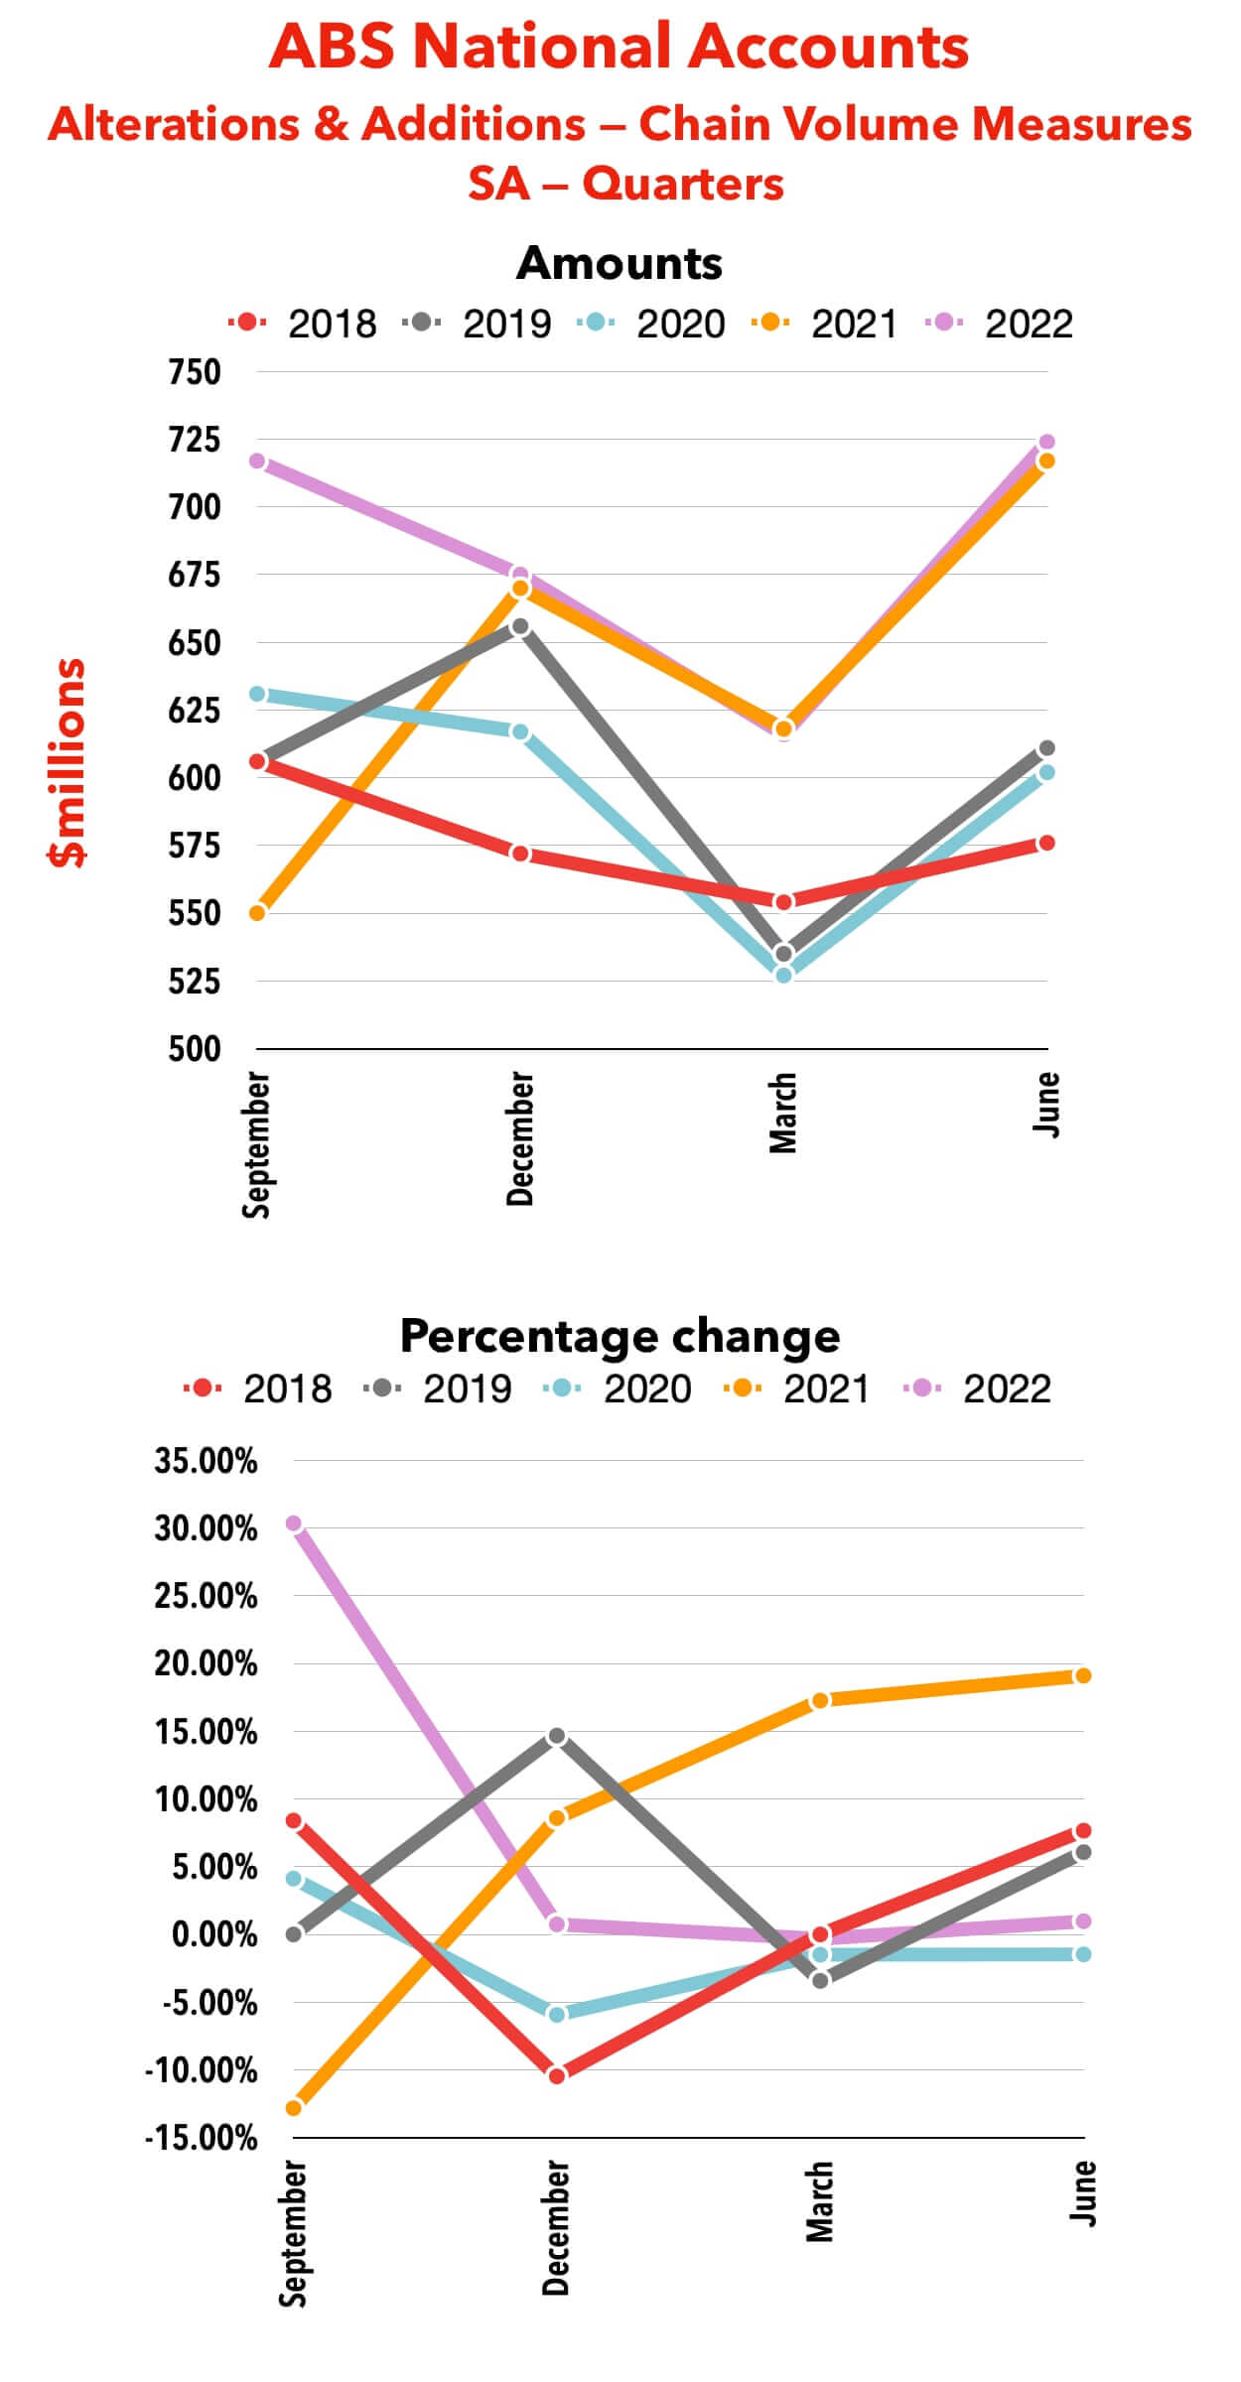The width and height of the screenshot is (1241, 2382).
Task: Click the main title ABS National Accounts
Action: click(x=619, y=47)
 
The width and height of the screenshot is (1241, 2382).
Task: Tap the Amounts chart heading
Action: click(x=619, y=263)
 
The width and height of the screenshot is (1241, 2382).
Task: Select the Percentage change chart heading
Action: click(x=620, y=1336)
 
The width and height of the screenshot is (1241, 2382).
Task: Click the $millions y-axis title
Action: click(x=68, y=762)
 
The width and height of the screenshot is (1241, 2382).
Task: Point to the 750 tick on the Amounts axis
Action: click(x=195, y=372)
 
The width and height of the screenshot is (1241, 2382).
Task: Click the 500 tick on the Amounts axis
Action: click(x=195, y=1049)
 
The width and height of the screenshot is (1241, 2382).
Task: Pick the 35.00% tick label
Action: click(x=206, y=1461)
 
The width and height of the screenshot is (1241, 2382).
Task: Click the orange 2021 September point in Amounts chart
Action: click(x=257, y=912)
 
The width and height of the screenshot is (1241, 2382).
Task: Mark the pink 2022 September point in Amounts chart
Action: click(x=257, y=462)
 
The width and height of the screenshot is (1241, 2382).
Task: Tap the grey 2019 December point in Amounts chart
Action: click(x=520, y=626)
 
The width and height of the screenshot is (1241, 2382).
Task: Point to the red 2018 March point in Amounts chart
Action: click(x=783, y=902)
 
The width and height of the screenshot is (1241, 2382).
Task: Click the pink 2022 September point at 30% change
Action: click(x=293, y=1523)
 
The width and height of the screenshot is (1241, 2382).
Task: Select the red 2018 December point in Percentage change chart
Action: click(x=557, y=2075)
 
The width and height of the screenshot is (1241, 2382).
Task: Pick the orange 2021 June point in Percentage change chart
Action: click(x=1083, y=1676)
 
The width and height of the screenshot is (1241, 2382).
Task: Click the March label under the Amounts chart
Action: click(x=783, y=1113)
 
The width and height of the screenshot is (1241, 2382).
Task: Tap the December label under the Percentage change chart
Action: click(x=556, y=2227)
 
